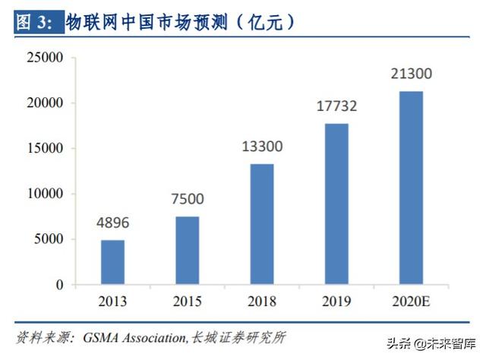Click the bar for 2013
112,262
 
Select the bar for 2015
187,251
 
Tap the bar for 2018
262,224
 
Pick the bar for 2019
336,204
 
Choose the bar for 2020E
411,188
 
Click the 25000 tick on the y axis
43,58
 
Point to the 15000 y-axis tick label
43,149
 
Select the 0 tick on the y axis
59,285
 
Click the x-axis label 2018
262,301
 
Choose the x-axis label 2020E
411,301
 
